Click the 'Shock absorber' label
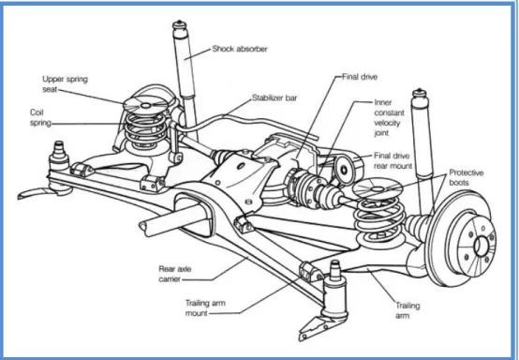pyautogui.click(x=240, y=49)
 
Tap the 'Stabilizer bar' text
pyautogui.click(x=274, y=97)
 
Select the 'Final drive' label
pyautogui.click(x=360, y=77)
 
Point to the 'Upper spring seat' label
pyautogui.click(x=65, y=84)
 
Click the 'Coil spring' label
pyautogui.click(x=40, y=117)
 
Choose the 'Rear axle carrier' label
pyautogui.click(x=175, y=274)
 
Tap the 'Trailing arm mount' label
pyautogui.click(x=205, y=308)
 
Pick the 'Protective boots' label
pyautogui.click(x=466, y=177)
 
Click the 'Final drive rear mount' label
pyautogui.click(x=393, y=160)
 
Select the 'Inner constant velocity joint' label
pyautogui.click(x=390, y=117)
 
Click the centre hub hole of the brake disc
pyautogui.click(x=481, y=247)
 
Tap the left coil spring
pyautogui.click(x=145, y=130)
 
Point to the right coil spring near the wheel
pyautogui.click(x=379, y=219)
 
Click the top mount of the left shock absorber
pyautogui.click(x=180, y=25)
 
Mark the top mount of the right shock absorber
pyautogui.click(x=419, y=94)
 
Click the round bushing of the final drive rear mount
pyautogui.click(x=344, y=171)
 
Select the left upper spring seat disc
pyautogui.click(x=145, y=105)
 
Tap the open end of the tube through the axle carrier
pyautogui.click(x=142, y=228)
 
